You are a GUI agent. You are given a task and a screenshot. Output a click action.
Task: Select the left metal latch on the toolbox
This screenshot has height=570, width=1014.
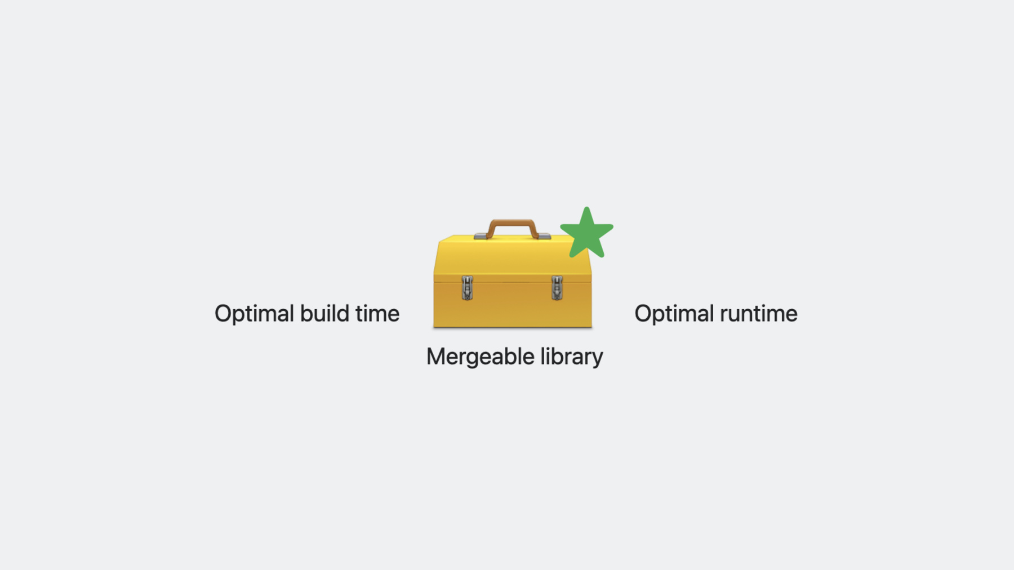[467, 288]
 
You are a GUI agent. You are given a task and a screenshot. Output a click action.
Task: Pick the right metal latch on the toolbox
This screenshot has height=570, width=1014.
[557, 288]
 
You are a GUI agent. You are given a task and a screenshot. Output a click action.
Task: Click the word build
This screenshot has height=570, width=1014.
[324, 313]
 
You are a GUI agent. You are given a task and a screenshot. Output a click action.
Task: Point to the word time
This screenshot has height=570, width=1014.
[377, 313]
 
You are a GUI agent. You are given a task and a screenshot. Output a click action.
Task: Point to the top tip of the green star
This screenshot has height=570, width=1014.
[586, 207]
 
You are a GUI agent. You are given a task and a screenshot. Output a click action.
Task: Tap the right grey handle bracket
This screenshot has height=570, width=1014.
[544, 237]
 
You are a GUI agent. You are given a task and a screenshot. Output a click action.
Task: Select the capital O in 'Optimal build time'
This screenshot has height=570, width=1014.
[224, 314]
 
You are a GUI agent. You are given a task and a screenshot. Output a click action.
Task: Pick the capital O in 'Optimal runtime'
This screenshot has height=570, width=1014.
[644, 314]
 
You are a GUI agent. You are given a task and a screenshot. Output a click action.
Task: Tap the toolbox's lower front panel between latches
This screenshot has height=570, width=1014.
[512, 304]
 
